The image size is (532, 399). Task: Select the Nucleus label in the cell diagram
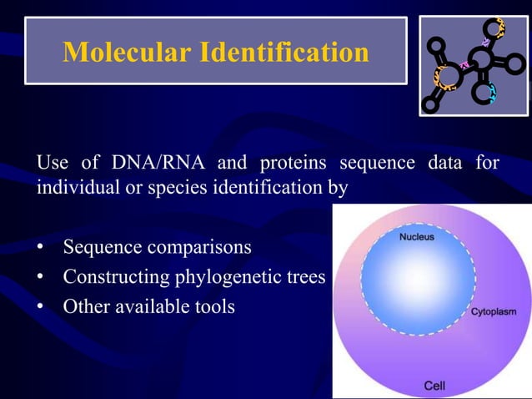pos(416,237)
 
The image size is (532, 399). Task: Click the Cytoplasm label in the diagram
pos(494,311)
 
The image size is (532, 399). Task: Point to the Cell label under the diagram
pos(434,386)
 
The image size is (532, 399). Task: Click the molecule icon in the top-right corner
pos(473,65)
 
